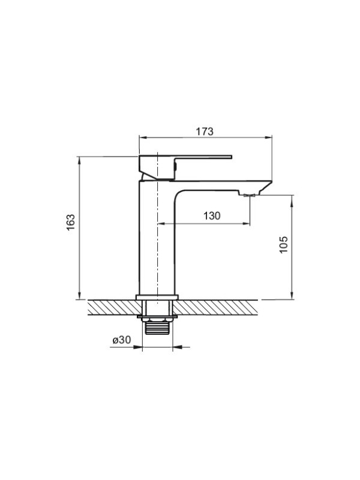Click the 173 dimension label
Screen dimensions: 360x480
pos(205,131)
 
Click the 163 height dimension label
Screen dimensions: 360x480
pos(71,222)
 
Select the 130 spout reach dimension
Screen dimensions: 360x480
pos(212,216)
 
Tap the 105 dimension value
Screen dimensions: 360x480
pos(284,244)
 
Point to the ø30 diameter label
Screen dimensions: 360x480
pos(122,340)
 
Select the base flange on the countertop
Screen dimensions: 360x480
pos(157,297)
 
